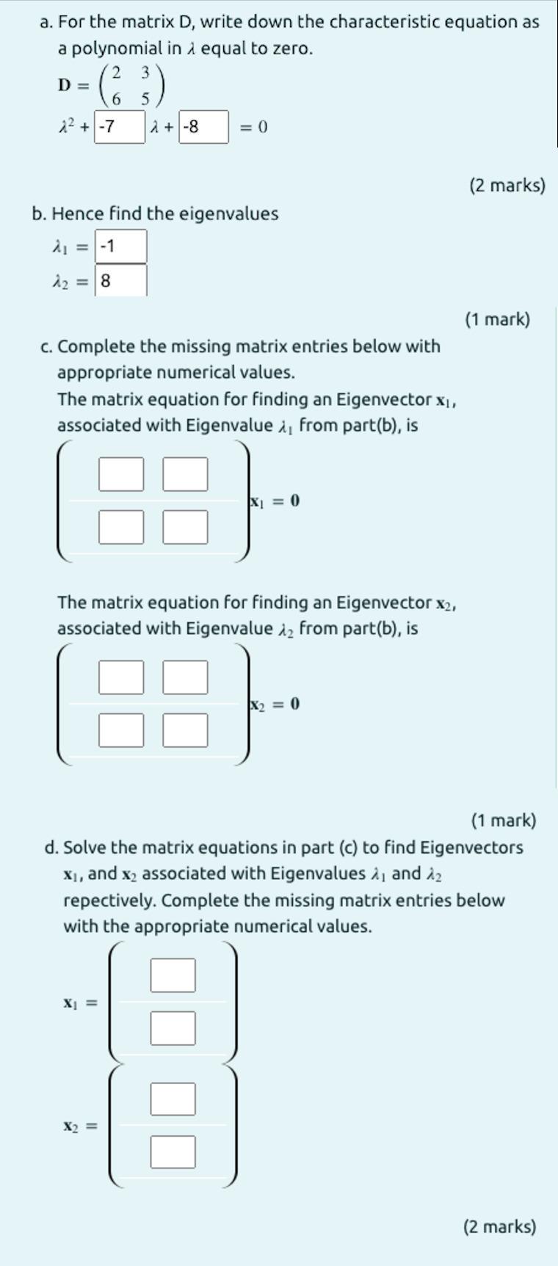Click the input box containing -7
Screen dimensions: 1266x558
pyautogui.click(x=119, y=127)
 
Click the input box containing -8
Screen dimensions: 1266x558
pyautogui.click(x=203, y=127)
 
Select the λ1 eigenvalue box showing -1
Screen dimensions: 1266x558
pyautogui.click(x=121, y=246)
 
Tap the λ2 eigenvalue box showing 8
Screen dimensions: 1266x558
pyautogui.click(x=121, y=280)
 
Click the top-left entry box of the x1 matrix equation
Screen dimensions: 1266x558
pyautogui.click(x=121, y=474)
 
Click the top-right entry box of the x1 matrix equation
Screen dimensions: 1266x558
pyautogui.click(x=185, y=474)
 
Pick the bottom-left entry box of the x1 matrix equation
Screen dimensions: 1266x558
pyautogui.click(x=121, y=527)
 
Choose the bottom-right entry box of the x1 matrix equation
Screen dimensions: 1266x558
pyautogui.click(x=185, y=527)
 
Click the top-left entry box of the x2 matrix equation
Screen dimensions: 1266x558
pyautogui.click(x=121, y=677)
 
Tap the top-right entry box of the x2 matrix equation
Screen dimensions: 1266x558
pyautogui.click(x=185, y=677)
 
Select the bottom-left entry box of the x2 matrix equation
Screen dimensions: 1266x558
pyautogui.click(x=121, y=730)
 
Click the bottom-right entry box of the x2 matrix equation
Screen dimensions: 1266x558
pyautogui.click(x=185, y=730)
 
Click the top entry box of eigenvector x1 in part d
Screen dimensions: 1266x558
pyautogui.click(x=173, y=975)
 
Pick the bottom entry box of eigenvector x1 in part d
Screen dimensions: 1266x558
pyautogui.click(x=173, y=1028)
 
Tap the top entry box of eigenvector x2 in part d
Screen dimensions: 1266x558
pyautogui.click(x=173, y=1099)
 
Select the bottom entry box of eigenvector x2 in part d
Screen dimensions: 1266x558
pyautogui.click(x=173, y=1152)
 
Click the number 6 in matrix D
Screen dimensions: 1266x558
pyautogui.click(x=116, y=99)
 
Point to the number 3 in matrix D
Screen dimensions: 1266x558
pyautogui.click(x=145, y=73)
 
